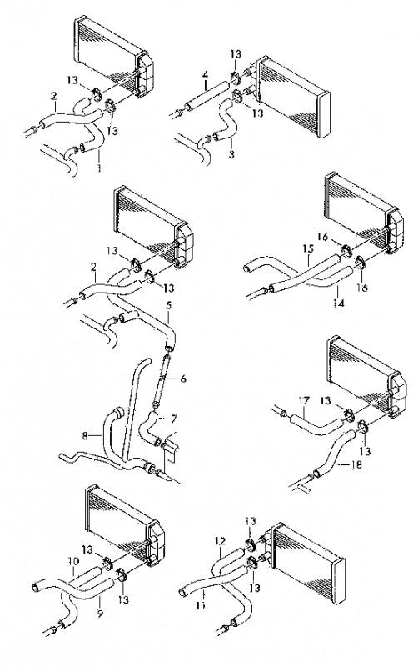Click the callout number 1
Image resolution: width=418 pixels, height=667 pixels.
click(99, 168)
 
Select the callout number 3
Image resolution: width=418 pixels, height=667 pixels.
click(231, 154)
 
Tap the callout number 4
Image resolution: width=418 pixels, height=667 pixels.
click(205, 74)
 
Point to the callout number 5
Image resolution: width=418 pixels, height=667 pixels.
click(169, 305)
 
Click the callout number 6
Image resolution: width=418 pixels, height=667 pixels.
click(183, 378)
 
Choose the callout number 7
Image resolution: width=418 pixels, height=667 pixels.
click(173, 419)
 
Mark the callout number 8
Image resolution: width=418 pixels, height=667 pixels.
click(85, 435)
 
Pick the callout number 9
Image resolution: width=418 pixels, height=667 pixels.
click(100, 614)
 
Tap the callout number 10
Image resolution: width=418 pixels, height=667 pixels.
click(73, 561)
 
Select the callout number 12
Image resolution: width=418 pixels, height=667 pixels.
click(220, 541)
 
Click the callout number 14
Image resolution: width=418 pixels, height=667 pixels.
click(339, 303)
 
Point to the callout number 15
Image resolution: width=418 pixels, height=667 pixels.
click(308, 248)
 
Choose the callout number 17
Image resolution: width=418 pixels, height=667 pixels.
click(304, 400)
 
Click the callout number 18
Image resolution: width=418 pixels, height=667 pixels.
click(356, 464)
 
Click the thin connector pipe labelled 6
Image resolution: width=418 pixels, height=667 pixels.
click(162, 379)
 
